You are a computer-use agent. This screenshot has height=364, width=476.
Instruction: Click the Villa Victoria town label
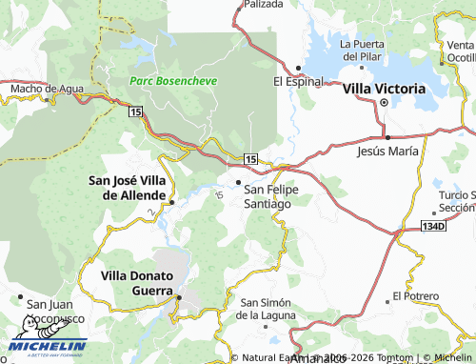384,88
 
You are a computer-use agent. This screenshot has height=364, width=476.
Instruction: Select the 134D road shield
433,227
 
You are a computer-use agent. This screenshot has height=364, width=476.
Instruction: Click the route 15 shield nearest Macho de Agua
136,111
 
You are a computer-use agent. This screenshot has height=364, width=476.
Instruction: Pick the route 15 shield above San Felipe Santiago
249,157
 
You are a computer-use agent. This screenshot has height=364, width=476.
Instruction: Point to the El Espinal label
299,82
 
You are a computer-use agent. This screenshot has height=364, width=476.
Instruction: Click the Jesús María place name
387,152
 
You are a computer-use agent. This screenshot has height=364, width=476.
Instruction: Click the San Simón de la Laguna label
270,309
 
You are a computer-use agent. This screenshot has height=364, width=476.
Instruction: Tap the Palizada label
264,5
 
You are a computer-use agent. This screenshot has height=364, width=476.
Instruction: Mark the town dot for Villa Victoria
384,102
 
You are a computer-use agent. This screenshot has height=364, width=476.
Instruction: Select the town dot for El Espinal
298,68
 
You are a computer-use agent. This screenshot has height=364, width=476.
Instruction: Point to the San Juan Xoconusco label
54,312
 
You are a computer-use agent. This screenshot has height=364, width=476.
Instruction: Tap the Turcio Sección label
456,201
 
